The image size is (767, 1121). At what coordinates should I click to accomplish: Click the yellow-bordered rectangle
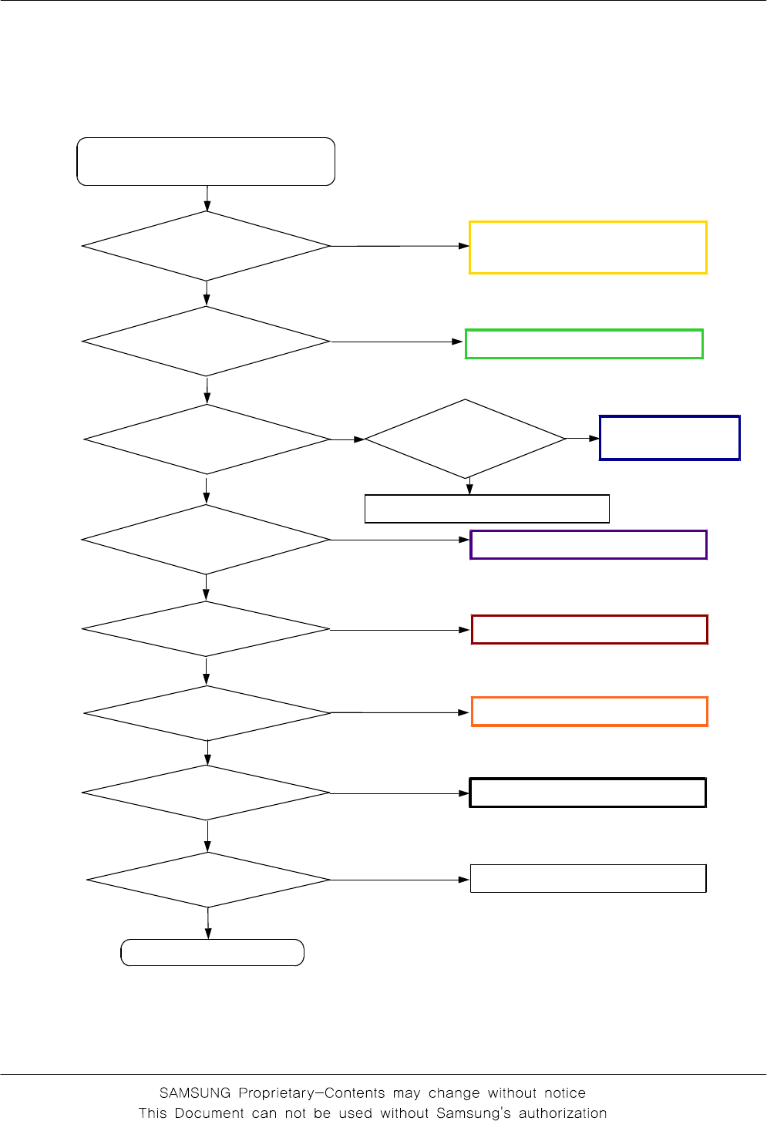click(588, 247)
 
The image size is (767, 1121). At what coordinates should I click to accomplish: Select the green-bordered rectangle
click(584, 344)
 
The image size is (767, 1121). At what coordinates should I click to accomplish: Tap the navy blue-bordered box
click(670, 438)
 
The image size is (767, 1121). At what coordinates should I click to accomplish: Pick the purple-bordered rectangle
click(589, 544)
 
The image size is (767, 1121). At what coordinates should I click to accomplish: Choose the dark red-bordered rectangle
click(590, 630)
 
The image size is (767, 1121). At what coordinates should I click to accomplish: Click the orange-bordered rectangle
click(590, 712)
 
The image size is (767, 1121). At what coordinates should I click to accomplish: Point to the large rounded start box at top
click(206, 162)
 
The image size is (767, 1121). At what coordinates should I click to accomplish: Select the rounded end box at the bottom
click(213, 953)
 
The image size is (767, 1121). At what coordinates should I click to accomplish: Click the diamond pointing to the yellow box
click(207, 247)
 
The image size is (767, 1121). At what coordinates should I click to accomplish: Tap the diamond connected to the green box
click(207, 342)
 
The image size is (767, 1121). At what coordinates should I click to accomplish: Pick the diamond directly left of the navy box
click(466, 439)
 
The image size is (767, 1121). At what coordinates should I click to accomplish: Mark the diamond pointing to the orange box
click(207, 713)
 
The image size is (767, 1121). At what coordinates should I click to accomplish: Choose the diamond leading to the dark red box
click(206, 629)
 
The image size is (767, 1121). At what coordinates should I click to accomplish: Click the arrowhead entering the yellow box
click(464, 246)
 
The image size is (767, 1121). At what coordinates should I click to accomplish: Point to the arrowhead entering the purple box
click(465, 540)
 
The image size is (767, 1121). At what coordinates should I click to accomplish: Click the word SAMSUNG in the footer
click(195, 1093)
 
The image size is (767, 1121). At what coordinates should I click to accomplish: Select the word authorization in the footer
click(563, 1113)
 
